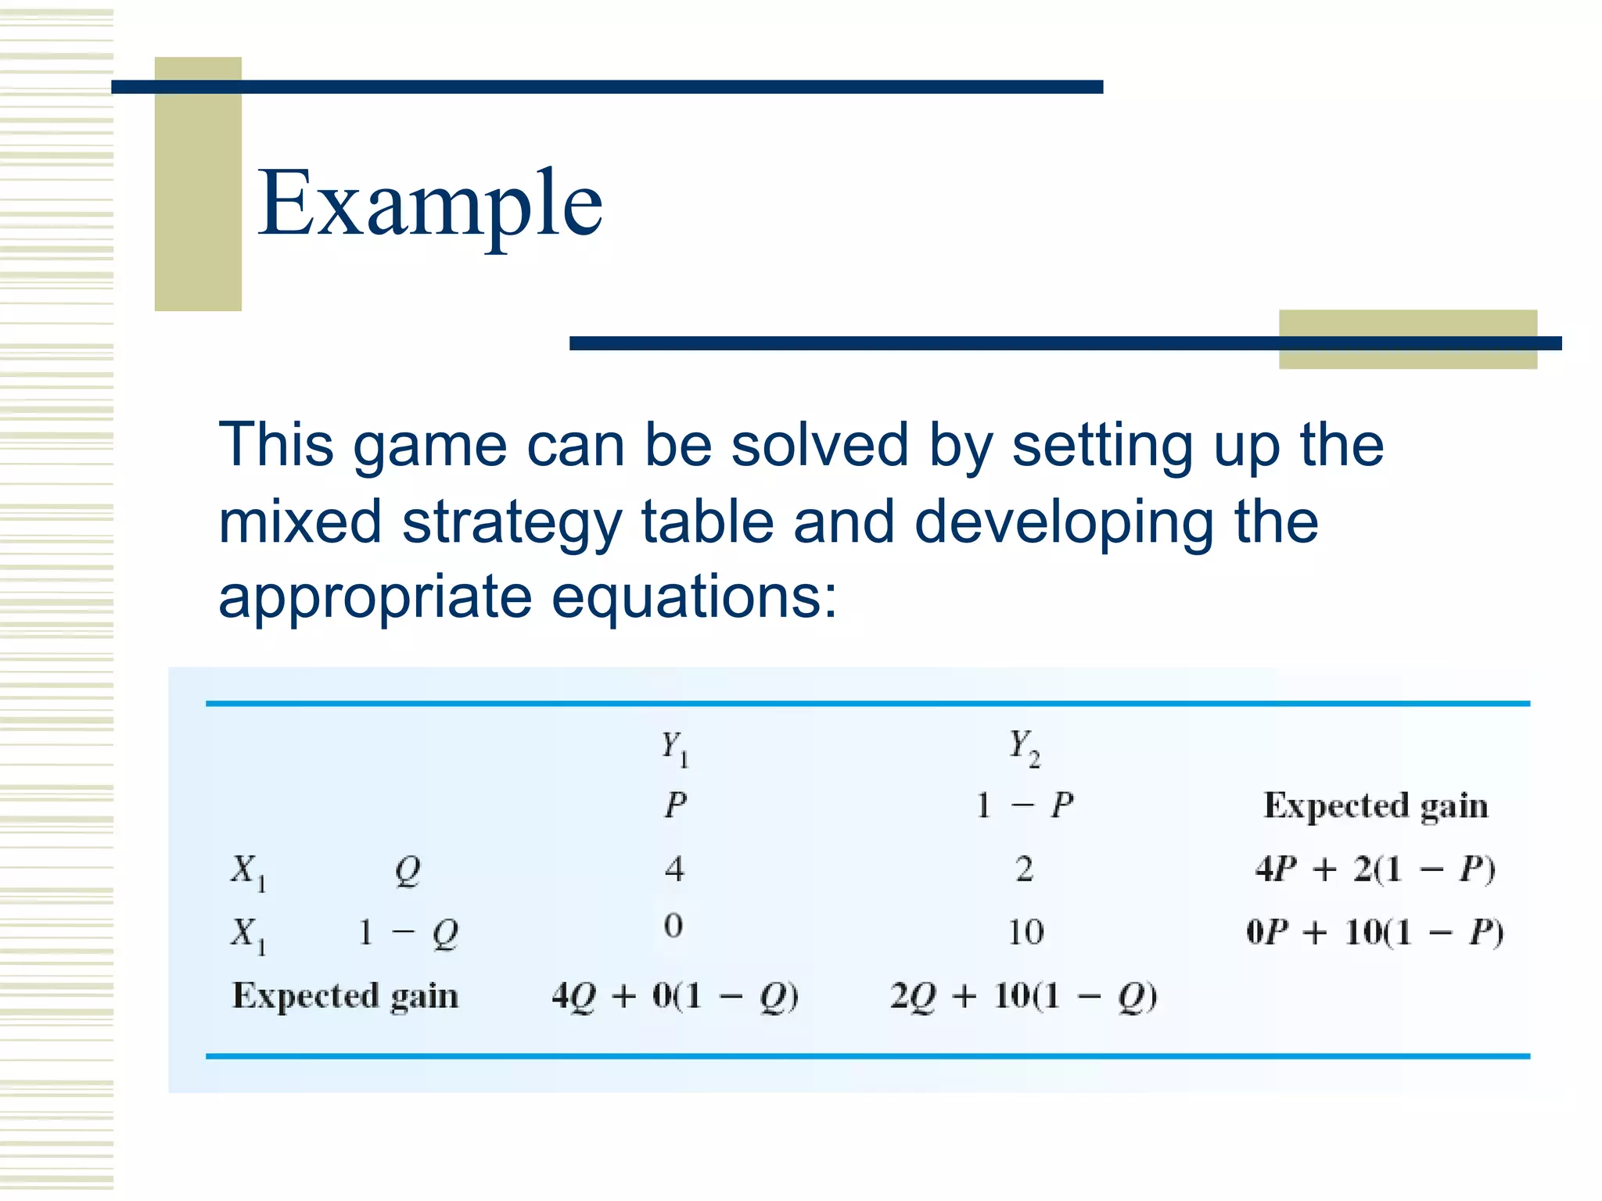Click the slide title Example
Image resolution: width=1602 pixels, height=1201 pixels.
[x=430, y=205]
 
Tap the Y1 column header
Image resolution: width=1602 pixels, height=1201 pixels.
[x=674, y=748]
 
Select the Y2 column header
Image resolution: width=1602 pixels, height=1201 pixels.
[x=1024, y=747]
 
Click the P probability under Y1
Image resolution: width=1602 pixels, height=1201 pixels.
[x=676, y=805]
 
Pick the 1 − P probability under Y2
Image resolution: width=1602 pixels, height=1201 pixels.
[x=1025, y=805]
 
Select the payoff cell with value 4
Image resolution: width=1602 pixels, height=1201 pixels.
[x=674, y=869]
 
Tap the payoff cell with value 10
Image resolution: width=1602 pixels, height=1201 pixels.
[x=1025, y=932]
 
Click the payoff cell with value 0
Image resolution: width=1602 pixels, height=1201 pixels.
[x=673, y=927]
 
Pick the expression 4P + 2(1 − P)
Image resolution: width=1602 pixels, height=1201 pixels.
[x=1375, y=869]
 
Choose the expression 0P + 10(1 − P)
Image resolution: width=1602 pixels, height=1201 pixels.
[x=1374, y=932]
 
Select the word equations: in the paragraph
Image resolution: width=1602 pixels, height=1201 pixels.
[x=695, y=597]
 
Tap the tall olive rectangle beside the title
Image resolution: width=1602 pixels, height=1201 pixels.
[x=198, y=184]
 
